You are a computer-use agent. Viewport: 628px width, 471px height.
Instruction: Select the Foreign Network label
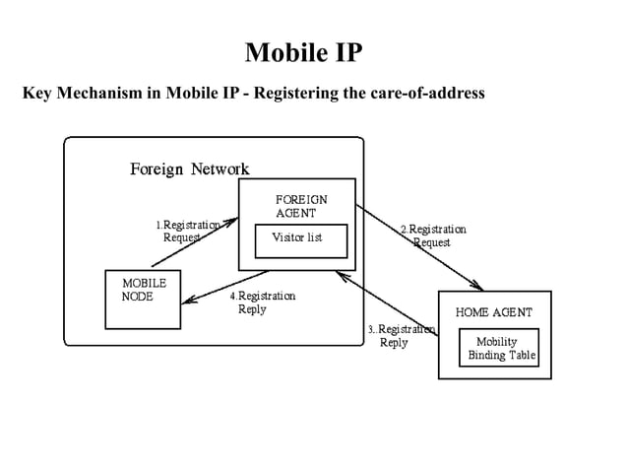click(x=189, y=168)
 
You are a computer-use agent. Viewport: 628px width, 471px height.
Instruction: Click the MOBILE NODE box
click(x=144, y=299)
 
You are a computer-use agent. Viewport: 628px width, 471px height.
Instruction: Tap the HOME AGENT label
click(x=494, y=312)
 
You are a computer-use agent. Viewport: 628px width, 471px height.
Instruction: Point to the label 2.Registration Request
click(x=432, y=235)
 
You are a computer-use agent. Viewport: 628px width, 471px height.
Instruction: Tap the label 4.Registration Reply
click(x=262, y=303)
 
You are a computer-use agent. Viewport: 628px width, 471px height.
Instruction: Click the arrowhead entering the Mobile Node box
click(x=188, y=302)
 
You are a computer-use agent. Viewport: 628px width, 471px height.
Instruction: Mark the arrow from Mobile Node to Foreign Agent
click(x=197, y=241)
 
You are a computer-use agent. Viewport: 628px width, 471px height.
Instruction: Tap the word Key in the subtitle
click(x=36, y=94)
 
